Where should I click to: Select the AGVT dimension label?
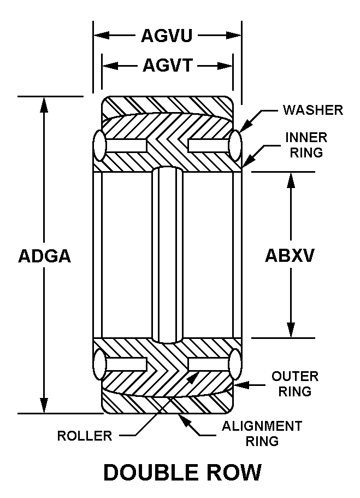[x=168, y=66]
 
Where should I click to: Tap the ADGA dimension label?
[x=44, y=256]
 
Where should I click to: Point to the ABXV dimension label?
[x=290, y=255]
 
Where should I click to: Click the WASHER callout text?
[x=313, y=110]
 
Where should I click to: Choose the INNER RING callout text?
[x=306, y=145]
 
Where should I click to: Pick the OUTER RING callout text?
[x=295, y=384]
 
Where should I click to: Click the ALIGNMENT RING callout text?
[x=262, y=433]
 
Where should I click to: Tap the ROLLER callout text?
[x=85, y=436]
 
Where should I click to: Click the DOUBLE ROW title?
[x=182, y=472]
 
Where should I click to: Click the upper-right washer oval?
[x=235, y=146]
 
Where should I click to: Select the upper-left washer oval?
[x=99, y=146]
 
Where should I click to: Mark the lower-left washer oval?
[x=99, y=364]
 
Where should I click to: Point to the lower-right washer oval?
[x=235, y=364]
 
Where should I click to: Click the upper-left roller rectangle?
[x=126, y=146]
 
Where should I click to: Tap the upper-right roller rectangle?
[x=209, y=146]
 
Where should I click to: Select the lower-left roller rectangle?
[x=126, y=364]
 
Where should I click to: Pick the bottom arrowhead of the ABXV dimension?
[x=291, y=330]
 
